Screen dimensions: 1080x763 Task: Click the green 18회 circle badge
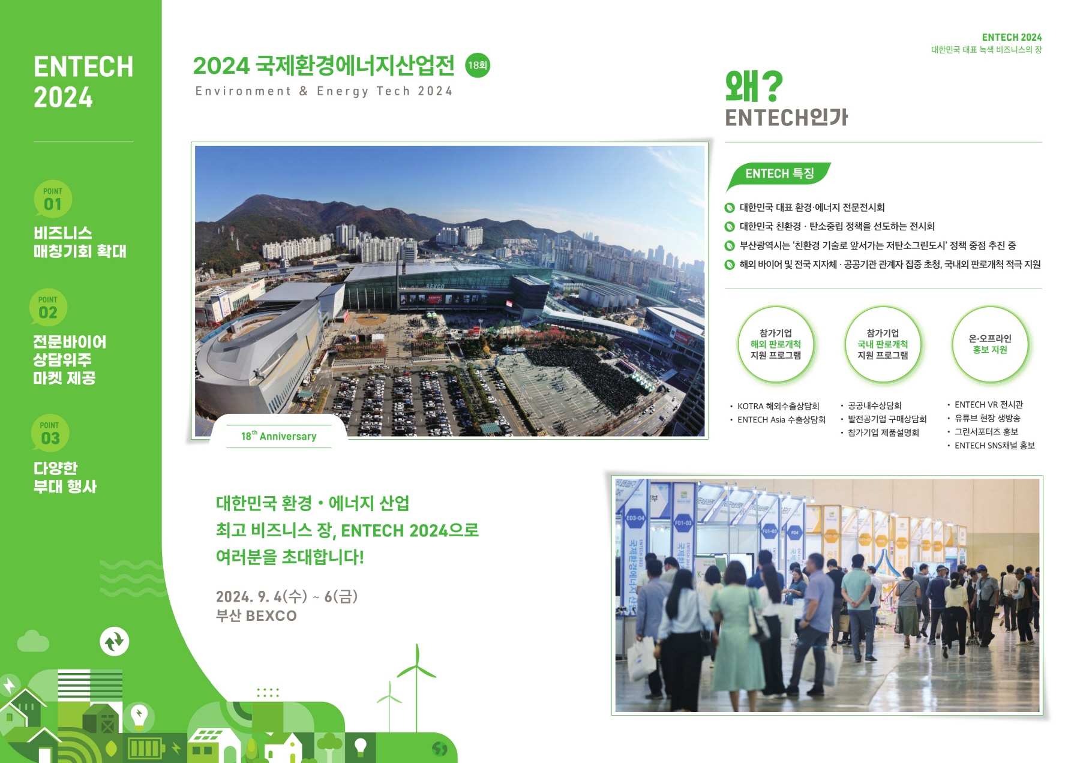click(478, 65)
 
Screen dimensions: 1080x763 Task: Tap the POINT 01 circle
click(53, 199)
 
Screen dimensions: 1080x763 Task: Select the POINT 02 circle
click(48, 307)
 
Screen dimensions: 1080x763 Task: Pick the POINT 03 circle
click(50, 433)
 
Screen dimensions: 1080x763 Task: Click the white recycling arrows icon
click(114, 642)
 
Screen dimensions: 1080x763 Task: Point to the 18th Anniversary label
click(279, 436)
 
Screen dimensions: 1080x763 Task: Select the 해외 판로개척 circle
click(776, 344)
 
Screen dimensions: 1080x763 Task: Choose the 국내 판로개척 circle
click(883, 344)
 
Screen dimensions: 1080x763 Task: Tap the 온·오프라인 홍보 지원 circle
click(990, 344)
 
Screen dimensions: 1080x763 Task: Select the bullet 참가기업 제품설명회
click(880, 432)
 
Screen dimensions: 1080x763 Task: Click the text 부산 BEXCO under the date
click(256, 616)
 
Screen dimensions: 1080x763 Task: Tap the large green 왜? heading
click(754, 86)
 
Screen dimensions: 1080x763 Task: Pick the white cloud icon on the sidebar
click(33, 641)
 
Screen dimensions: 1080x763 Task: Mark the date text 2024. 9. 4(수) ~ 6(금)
click(287, 596)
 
